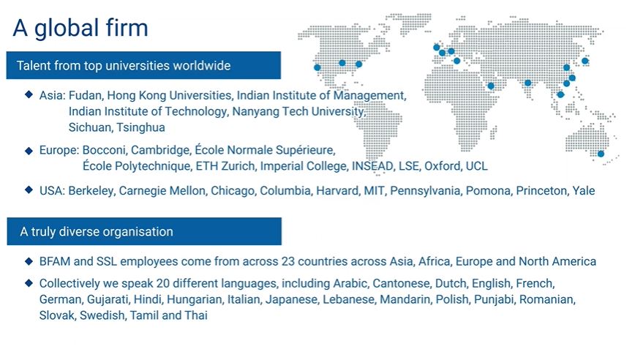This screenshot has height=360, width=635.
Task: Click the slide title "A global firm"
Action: (x=80, y=29)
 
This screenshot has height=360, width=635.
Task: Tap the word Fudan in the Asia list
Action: (x=86, y=96)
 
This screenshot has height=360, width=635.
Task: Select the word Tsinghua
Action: (x=141, y=127)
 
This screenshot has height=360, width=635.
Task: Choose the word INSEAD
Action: (x=372, y=166)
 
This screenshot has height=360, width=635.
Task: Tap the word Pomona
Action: (x=488, y=191)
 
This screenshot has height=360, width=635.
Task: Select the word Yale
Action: (x=584, y=191)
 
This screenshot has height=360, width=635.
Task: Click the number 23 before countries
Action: (x=288, y=262)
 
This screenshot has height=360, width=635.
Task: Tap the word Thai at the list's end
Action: (x=196, y=315)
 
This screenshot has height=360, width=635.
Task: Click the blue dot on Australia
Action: (x=601, y=154)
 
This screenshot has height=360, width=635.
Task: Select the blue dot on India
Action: (x=527, y=83)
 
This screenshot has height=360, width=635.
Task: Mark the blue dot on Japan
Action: (x=585, y=61)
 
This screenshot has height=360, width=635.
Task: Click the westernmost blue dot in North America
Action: (x=317, y=67)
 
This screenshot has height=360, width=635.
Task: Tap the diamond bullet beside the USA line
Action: (x=29, y=190)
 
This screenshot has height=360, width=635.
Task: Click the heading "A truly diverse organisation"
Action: (x=97, y=232)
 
